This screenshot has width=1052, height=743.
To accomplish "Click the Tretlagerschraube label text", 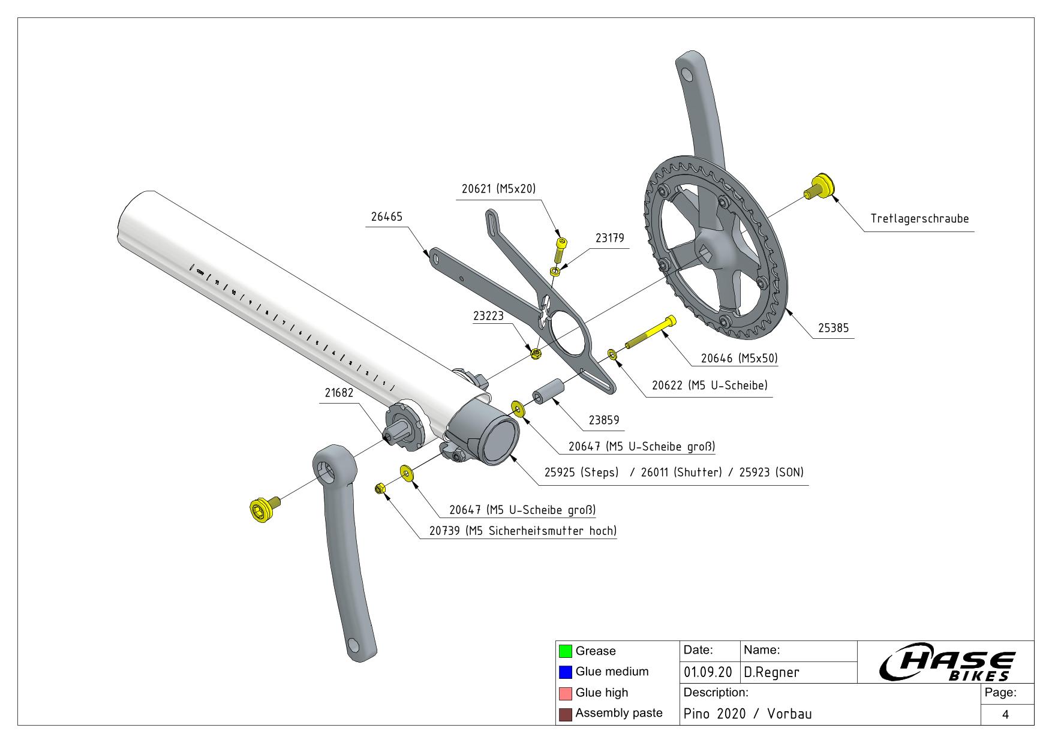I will coord(919,219).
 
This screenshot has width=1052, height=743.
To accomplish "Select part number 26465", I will coord(386,216).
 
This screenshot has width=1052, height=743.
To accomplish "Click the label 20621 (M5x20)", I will coord(498,188).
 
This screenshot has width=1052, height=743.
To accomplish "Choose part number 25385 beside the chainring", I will coord(833,328).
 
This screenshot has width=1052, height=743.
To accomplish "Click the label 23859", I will coord(603,420).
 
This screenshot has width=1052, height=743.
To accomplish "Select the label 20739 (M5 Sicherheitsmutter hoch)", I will coord(522,531).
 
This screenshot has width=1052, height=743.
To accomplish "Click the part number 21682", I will coord(339,393).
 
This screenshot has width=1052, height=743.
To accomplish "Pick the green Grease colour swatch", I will coord(565,651).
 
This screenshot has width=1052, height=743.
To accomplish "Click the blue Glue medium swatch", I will coord(565,672).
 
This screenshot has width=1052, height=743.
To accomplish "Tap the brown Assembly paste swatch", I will coord(565,714).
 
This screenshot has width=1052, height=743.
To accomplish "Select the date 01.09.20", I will coord(708,672).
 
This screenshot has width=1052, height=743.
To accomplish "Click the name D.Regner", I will coord(771,672).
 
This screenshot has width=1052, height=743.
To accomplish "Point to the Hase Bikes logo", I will coord(946,664).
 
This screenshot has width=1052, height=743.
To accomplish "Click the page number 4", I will coord(1005,714).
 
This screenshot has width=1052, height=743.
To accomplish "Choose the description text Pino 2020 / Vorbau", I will coord(747,714).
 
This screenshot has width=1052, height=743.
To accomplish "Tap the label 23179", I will coord(609,238).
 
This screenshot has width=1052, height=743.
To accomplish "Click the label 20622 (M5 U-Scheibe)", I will coord(710,385).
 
